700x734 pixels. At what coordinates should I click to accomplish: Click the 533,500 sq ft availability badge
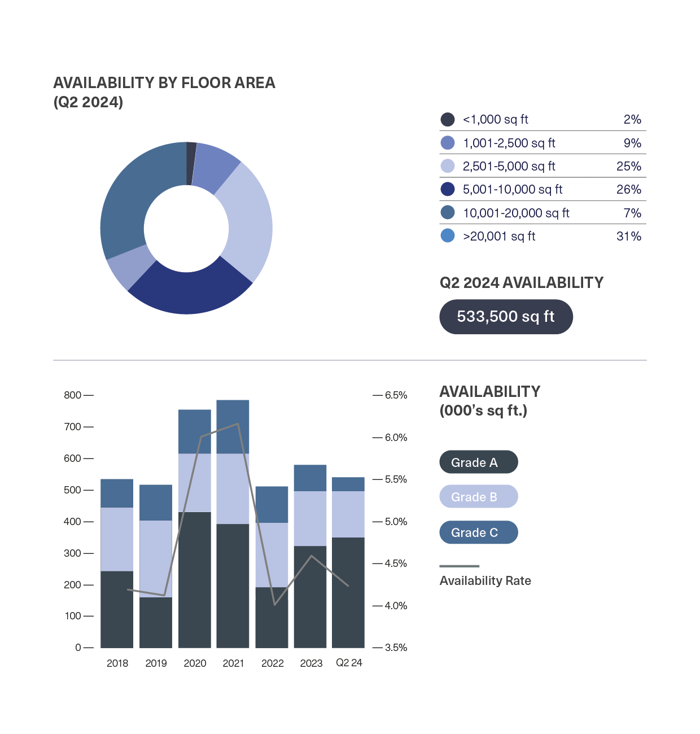pos(506,317)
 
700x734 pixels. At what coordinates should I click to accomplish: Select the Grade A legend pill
pos(478,462)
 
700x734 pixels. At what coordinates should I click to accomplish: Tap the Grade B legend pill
pos(478,497)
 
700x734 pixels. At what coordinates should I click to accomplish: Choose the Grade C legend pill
pos(478,532)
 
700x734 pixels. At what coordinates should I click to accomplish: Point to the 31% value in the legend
pos(628,237)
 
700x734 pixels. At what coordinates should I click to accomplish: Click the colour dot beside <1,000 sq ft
pos(448,120)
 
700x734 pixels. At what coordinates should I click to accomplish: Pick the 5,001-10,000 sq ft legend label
pos(513,190)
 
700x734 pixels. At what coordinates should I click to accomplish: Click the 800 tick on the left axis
pos(73,395)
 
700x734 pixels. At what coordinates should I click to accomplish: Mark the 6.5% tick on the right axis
pos(396,395)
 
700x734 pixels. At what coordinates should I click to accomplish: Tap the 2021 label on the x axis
pos(233,663)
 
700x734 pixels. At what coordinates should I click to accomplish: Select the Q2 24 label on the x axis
pos(349,663)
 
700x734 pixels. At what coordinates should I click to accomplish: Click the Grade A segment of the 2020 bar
pos(195,580)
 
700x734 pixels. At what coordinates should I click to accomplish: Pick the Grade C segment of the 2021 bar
pos(233,427)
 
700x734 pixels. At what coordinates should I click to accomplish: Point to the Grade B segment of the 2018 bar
pos(117,539)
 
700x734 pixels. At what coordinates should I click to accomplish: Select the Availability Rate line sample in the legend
pos(459,566)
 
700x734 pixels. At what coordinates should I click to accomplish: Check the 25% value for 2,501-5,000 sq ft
pos(628,167)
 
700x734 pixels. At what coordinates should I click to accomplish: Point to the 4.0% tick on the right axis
pos(396,606)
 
